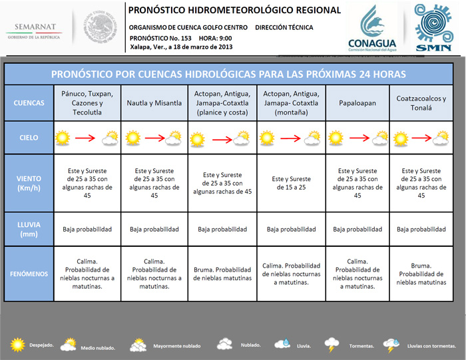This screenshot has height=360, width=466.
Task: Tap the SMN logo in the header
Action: tap(433, 27)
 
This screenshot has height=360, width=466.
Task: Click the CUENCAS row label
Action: tap(29, 103)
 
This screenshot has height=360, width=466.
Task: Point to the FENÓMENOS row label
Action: tap(29, 273)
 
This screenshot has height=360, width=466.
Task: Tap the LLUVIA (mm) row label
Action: tap(29, 229)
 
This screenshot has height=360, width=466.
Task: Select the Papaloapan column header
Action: tap(357, 103)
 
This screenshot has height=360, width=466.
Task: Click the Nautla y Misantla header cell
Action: tap(154, 103)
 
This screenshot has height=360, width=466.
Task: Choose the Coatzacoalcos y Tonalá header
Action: tap(421, 103)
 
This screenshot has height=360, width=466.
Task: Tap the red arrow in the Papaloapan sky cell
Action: tap(358, 138)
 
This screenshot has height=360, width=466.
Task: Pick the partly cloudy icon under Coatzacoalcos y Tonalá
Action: tap(440, 138)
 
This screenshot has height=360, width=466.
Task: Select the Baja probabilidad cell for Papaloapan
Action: tap(357, 229)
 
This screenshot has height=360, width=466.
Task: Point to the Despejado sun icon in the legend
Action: tap(17, 345)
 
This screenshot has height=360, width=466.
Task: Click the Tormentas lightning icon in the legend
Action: tap(332, 345)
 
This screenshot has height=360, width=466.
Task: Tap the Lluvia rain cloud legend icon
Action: tap(282, 345)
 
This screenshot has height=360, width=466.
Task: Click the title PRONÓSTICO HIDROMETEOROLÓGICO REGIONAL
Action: tap(234, 10)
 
